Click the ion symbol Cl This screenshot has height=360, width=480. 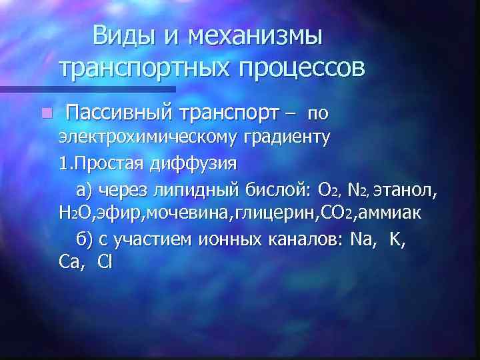point(105,262)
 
